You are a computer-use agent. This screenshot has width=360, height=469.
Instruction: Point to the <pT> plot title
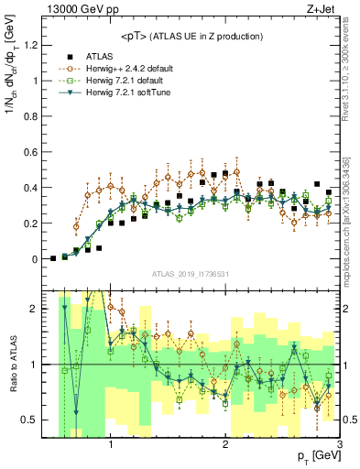[x=191, y=37]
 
